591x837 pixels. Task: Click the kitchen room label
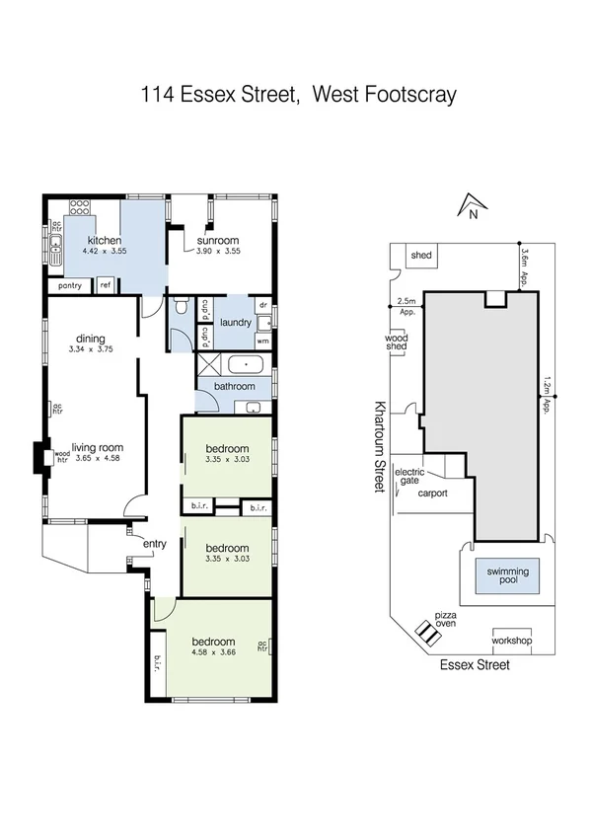coord(105,241)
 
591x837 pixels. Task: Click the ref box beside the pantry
coord(105,286)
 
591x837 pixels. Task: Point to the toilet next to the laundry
coord(178,309)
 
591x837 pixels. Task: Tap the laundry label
coord(237,322)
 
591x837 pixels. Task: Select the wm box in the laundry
coord(262,341)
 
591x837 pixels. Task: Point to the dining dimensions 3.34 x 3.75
coord(91,349)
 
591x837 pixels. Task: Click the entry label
coord(155,544)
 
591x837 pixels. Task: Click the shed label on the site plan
coord(421,256)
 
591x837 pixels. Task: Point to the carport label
coord(433,493)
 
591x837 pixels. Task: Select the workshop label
coord(511,641)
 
